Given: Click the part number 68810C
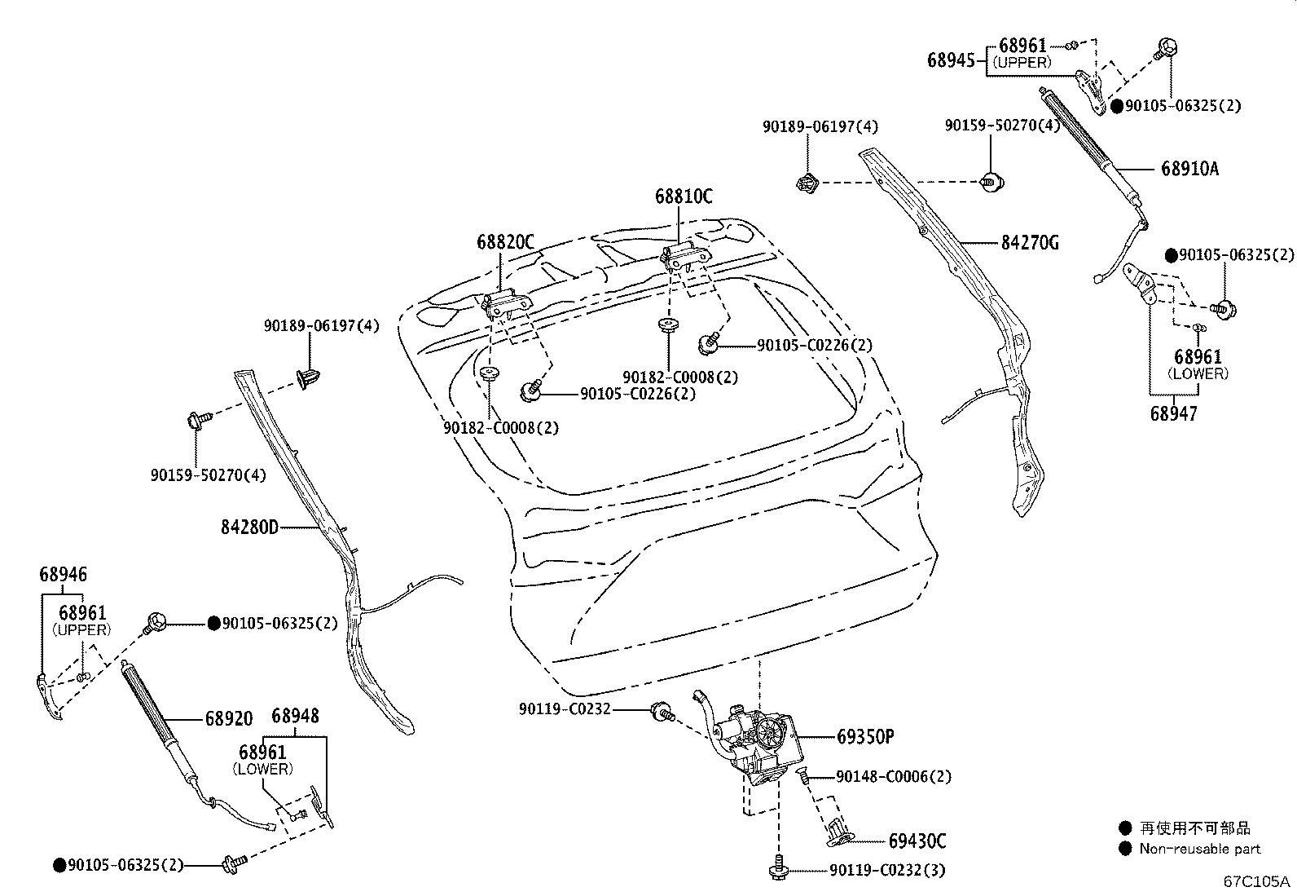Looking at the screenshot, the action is click(x=684, y=196).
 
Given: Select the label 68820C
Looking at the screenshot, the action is click(x=505, y=241).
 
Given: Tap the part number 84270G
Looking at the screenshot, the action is click(x=1030, y=242).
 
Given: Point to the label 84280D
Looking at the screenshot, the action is click(x=249, y=527).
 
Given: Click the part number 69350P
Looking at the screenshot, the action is click(x=865, y=737).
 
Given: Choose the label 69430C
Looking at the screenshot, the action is click(x=917, y=841).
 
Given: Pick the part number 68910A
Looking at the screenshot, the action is click(x=1190, y=169).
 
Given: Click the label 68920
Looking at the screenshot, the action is click(x=229, y=718).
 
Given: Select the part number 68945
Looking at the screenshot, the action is click(x=952, y=60).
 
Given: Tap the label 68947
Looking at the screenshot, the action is click(x=1173, y=414).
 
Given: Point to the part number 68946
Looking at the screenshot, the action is click(x=63, y=574).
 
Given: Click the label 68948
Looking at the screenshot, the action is click(x=295, y=716).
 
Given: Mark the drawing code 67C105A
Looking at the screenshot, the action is click(x=1256, y=881).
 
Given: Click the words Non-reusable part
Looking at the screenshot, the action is click(x=1200, y=849).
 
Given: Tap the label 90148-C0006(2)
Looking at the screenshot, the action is click(x=894, y=777).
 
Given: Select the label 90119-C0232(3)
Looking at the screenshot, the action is click(x=887, y=871).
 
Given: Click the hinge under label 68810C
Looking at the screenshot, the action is click(x=686, y=258).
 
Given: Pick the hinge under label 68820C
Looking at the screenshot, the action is click(x=507, y=303).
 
